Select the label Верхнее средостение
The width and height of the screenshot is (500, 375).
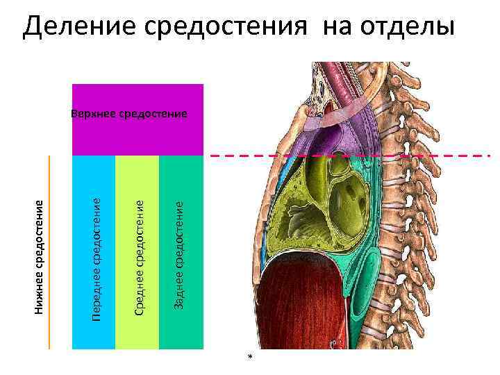[130, 112]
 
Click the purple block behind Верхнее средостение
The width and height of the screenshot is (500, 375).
[137, 135]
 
